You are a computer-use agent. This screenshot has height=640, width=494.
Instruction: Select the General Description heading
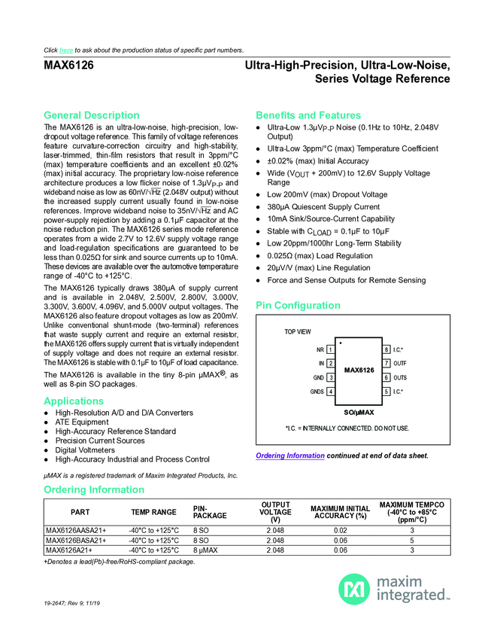(x=92, y=115)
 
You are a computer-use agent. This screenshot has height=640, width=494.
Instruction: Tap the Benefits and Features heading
(x=308, y=115)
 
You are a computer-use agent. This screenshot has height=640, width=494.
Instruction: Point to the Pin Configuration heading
(x=299, y=306)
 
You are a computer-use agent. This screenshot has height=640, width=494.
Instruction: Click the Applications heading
(x=74, y=401)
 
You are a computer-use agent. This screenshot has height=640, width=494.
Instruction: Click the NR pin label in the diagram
(x=320, y=349)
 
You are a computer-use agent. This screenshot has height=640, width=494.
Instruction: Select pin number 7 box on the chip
(x=387, y=363)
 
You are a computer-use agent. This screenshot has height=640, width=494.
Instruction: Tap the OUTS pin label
(x=401, y=377)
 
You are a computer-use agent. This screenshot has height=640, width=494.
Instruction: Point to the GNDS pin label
(x=317, y=392)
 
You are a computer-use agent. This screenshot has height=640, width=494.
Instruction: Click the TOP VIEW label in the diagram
(x=297, y=331)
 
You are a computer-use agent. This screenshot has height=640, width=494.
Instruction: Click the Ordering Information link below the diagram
(x=290, y=456)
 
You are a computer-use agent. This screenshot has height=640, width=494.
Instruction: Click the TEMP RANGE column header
(x=153, y=512)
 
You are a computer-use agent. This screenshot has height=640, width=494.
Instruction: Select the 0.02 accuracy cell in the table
(x=340, y=530)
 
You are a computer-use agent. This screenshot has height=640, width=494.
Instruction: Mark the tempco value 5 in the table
(x=412, y=540)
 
